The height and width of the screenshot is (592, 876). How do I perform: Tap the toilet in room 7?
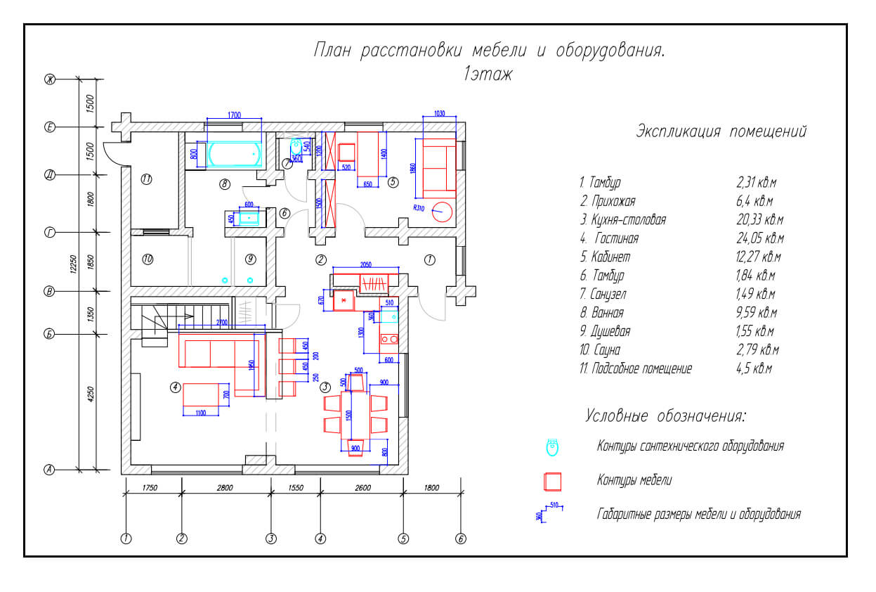tap(296, 146)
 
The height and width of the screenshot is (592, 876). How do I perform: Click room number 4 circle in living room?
tap(176, 386)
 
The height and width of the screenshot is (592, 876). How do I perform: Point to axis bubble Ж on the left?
tap(50, 79)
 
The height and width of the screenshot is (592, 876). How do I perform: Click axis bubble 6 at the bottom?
tap(461, 539)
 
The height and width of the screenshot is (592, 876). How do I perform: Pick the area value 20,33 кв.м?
tap(759, 220)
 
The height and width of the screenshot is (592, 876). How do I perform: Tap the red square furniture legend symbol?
tap(553, 481)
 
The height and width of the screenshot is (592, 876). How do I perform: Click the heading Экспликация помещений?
tap(721, 131)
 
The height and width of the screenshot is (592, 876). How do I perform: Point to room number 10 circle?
tap(148, 259)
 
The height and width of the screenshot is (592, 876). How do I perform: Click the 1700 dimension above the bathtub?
tap(234, 115)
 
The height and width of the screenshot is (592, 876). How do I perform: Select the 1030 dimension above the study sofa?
tap(440, 113)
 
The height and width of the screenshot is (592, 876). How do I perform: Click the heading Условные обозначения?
tap(665, 416)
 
